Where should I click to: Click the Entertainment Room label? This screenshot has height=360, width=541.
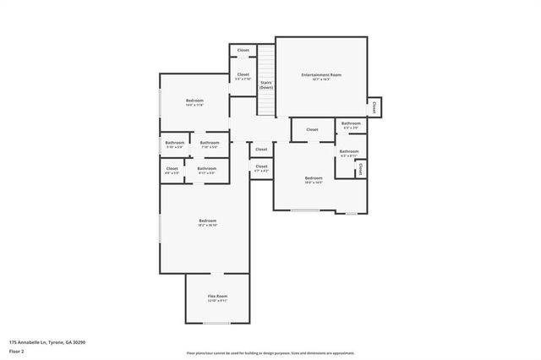(x=321, y=75)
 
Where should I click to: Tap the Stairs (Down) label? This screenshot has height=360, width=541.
(x=266, y=85)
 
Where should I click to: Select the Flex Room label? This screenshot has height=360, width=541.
(x=217, y=296)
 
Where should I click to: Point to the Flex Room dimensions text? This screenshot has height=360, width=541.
(x=217, y=301)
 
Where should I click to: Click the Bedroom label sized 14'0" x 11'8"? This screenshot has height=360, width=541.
(x=194, y=101)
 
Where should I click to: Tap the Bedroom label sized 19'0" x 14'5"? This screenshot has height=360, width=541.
(x=314, y=177)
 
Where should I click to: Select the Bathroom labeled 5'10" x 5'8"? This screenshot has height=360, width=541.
(x=174, y=143)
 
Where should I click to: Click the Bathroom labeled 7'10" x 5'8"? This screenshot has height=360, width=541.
(x=210, y=143)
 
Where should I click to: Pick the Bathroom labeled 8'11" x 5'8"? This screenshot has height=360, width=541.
(x=207, y=169)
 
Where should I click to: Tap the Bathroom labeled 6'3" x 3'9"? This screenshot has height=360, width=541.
(x=351, y=123)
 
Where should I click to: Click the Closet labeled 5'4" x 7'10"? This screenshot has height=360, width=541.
(x=243, y=75)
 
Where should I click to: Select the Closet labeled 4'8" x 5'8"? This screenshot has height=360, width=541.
(x=172, y=169)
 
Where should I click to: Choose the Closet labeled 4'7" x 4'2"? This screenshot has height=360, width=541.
(x=261, y=167)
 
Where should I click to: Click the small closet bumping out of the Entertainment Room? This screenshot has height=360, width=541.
(x=374, y=106)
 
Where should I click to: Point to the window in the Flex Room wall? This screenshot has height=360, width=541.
(x=217, y=323)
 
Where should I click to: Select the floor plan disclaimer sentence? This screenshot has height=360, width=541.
(x=270, y=353)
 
